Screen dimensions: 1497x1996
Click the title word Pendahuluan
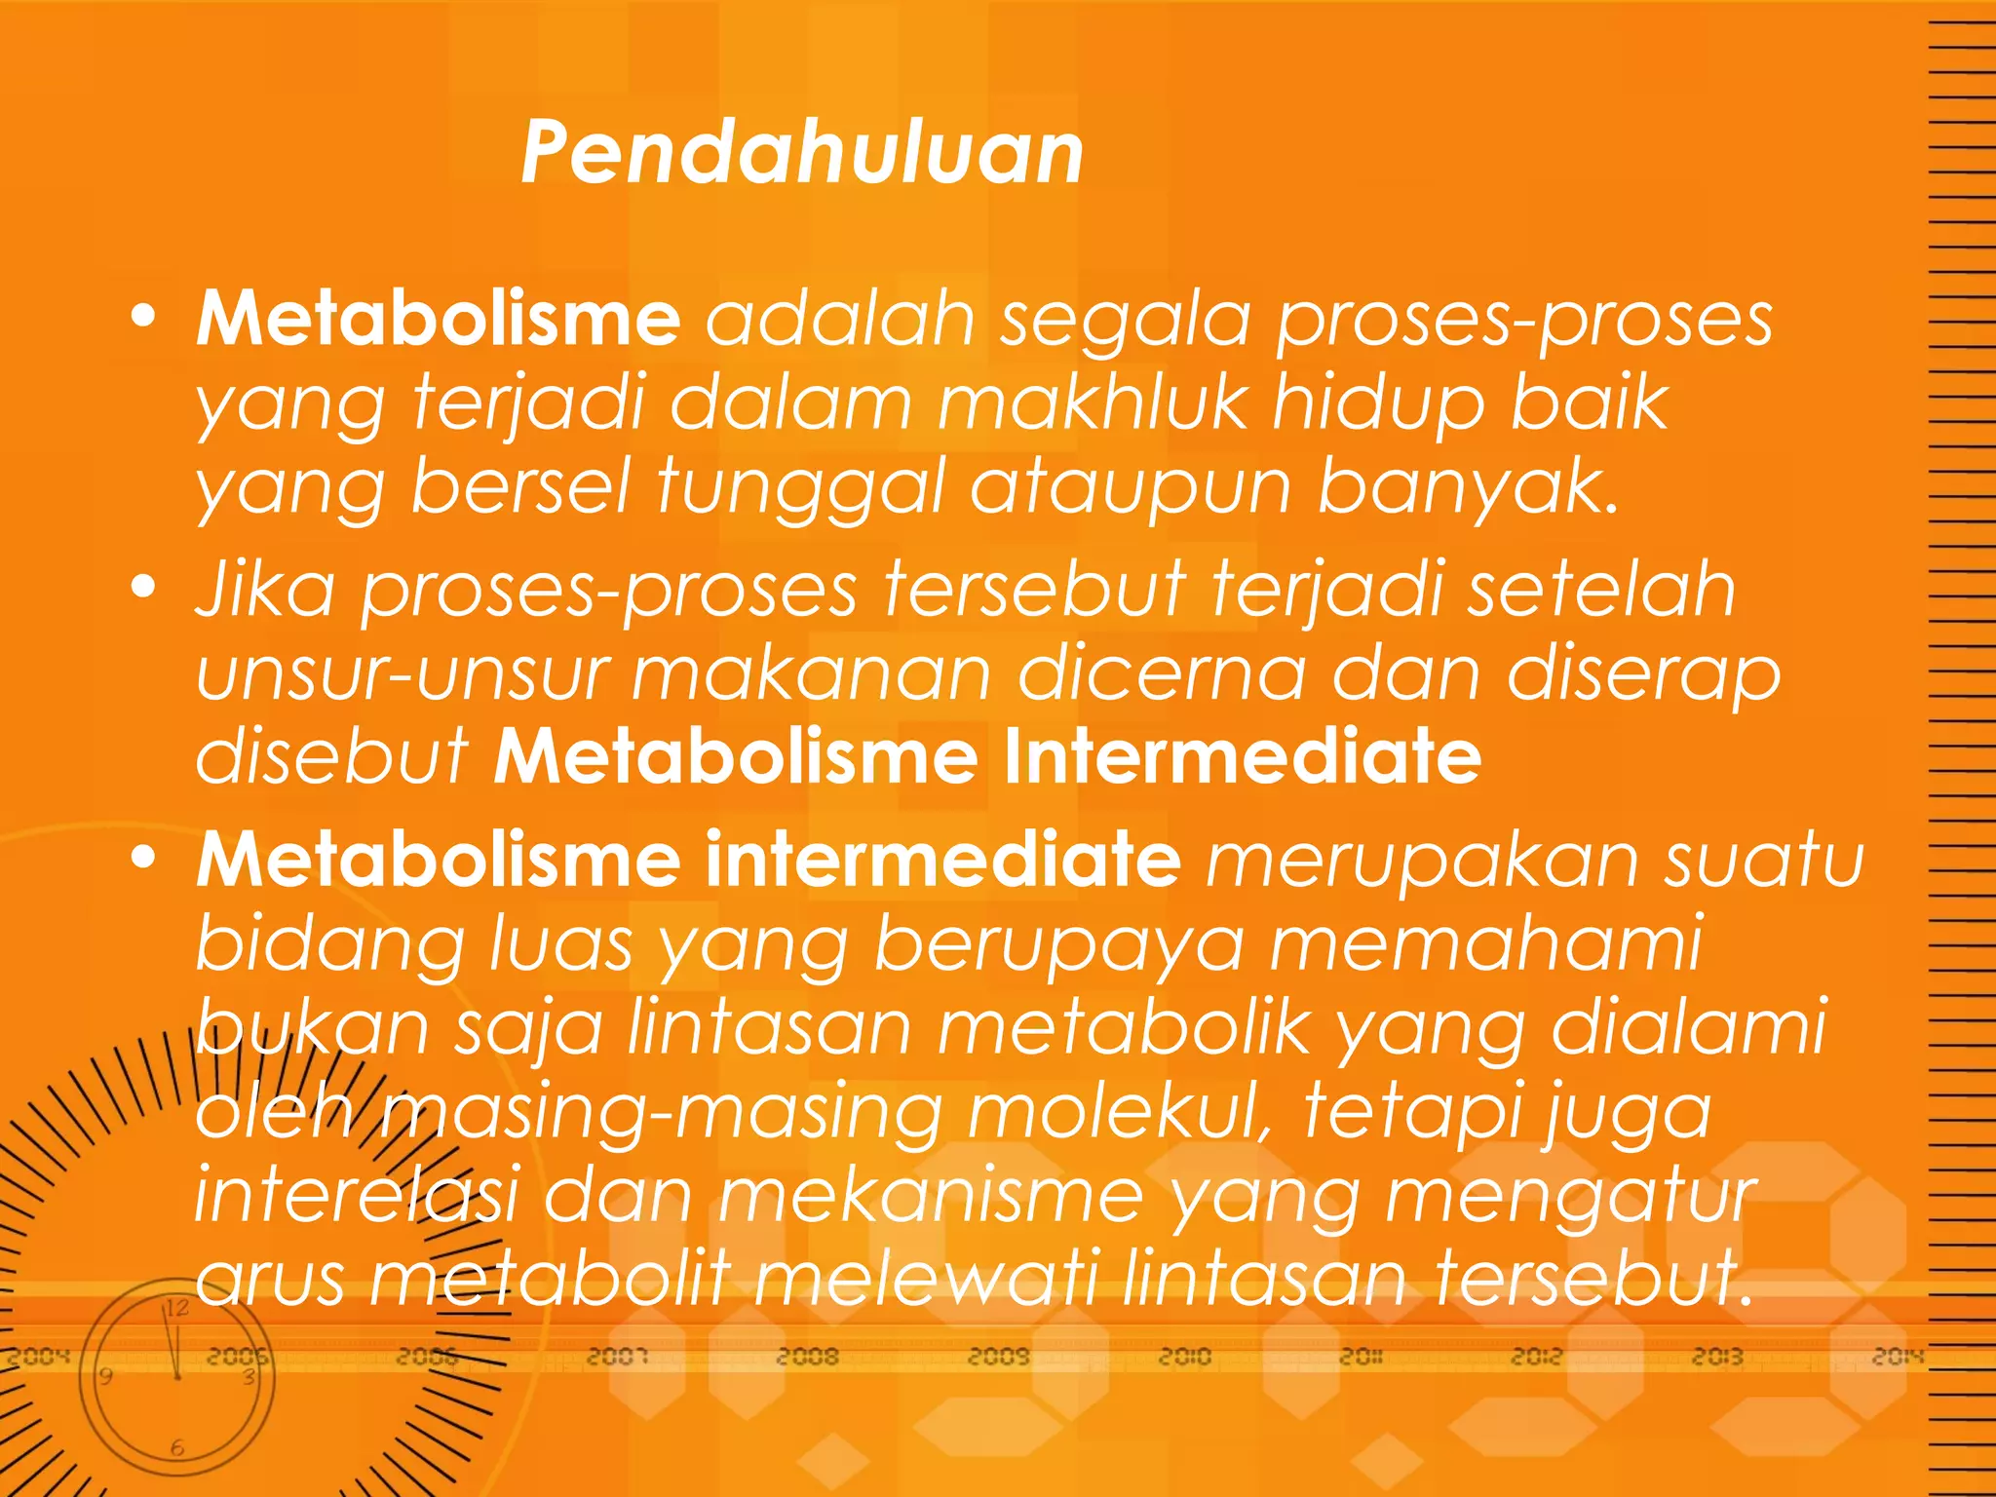(x=802, y=153)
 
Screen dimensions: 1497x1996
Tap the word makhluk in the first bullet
(x=1092, y=403)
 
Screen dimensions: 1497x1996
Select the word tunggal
(x=800, y=487)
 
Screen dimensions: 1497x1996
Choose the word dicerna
(x=1161, y=674)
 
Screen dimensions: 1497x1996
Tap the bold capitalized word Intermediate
(x=1242, y=757)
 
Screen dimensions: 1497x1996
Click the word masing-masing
(x=662, y=1112)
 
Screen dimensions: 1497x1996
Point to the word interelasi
(x=356, y=1196)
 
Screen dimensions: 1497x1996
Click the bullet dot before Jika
(x=144, y=588)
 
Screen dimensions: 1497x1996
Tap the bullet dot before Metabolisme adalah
(x=144, y=317)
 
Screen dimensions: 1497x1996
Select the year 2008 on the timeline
(x=807, y=1357)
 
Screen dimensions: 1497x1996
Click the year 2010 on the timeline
(x=1184, y=1357)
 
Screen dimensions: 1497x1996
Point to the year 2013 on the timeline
(x=1717, y=1357)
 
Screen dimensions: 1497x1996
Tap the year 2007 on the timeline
(x=617, y=1357)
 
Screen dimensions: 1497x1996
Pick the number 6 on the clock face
(x=176, y=1448)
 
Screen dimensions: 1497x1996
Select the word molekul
(x=1121, y=1112)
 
